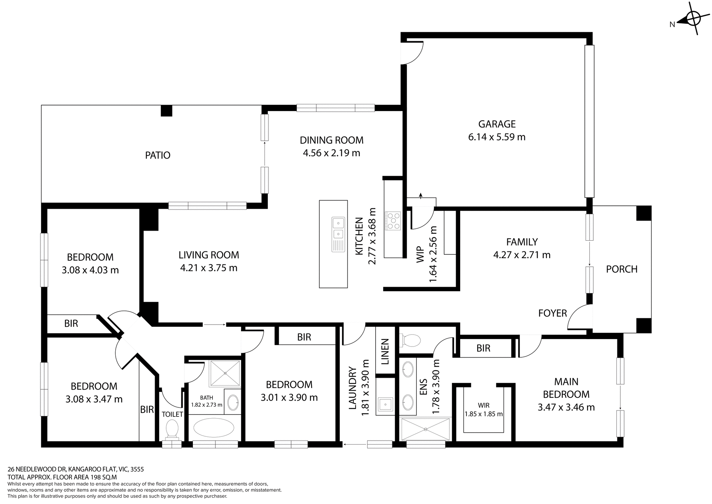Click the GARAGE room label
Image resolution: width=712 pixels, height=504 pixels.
tap(497, 124)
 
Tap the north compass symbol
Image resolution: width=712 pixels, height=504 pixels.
tap(692, 18)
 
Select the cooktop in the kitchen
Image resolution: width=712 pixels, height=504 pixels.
tap(393, 221)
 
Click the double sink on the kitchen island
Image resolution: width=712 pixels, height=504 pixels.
tap(338, 228)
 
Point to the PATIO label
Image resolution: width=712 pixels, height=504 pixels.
tap(158, 155)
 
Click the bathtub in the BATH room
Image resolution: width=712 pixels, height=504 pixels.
tap(214, 428)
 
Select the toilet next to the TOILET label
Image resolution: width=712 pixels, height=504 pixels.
tap(172, 428)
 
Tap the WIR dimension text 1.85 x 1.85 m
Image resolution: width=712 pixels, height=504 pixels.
tap(484, 414)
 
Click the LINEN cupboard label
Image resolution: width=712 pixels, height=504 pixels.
tap(385, 351)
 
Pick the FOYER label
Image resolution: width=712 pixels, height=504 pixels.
tap(553, 313)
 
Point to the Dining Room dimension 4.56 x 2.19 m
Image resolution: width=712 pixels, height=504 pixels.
tap(332, 153)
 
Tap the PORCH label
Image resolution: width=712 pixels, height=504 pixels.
tap(622, 269)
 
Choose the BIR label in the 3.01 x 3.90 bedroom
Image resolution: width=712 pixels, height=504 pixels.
tap(304, 337)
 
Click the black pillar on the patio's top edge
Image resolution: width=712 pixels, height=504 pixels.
tap(167, 111)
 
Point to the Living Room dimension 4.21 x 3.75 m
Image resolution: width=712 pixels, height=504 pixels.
tap(209, 268)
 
